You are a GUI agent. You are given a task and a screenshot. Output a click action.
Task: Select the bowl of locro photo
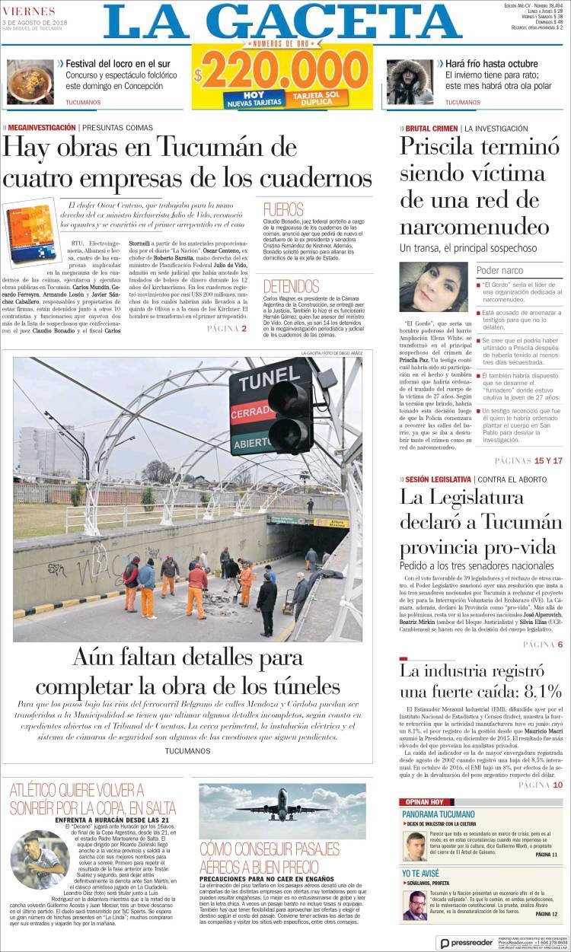30,81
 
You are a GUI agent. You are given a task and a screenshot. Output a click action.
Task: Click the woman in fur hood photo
410,81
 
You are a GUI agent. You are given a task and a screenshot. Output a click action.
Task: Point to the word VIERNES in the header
30,11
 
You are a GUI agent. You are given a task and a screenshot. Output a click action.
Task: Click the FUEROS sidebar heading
283,209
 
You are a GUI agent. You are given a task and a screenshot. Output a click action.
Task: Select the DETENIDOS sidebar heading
292,286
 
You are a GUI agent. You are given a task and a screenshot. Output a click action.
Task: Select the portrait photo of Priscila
433,287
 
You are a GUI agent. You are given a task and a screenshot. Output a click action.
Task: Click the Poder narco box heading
499,270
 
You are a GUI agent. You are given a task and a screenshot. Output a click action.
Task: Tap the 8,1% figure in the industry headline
531,691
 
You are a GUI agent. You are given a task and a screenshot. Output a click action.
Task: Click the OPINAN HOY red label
422,802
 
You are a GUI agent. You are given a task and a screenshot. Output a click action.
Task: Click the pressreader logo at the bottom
466,943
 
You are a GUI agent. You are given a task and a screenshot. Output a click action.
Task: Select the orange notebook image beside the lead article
31,233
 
